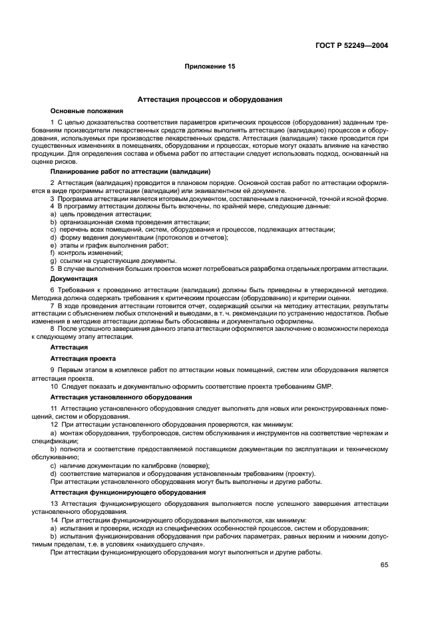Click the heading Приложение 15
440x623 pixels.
210,67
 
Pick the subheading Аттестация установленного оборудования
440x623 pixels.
122,397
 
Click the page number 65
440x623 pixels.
384,565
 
